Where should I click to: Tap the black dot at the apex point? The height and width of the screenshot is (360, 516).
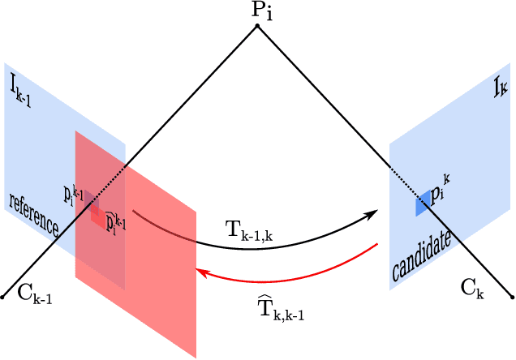257,26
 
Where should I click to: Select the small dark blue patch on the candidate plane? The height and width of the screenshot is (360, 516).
423,202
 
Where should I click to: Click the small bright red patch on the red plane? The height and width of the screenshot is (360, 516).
98,215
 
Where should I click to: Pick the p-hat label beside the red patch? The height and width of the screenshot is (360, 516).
117,221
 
